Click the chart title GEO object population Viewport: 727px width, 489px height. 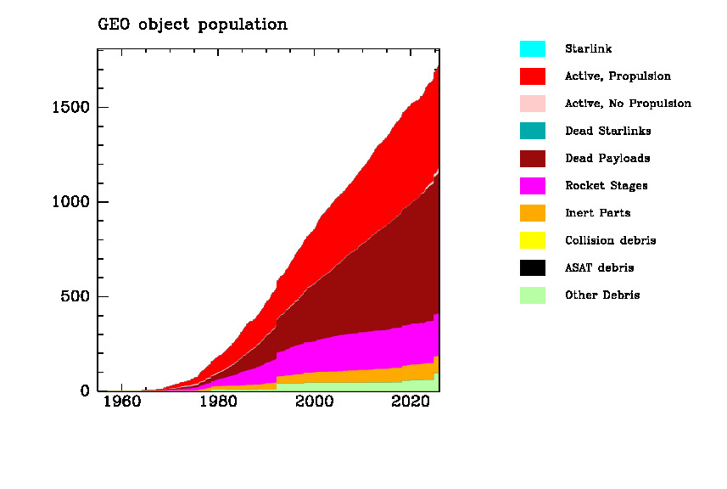(193, 25)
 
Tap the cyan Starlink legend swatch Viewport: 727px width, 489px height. (533, 49)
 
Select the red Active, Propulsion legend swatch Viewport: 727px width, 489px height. (533, 76)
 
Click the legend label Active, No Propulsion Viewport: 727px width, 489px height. (628, 104)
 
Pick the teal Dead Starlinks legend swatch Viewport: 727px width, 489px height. (533, 131)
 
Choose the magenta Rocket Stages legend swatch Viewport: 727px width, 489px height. (533, 186)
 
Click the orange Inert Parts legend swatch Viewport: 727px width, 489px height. (533, 213)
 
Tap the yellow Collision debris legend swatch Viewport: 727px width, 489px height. (533, 240)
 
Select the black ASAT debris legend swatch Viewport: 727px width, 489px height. (533, 267)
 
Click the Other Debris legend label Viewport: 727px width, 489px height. (602, 295)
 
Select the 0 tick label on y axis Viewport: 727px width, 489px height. (85, 391)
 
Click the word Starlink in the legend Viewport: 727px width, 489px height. (588, 49)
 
